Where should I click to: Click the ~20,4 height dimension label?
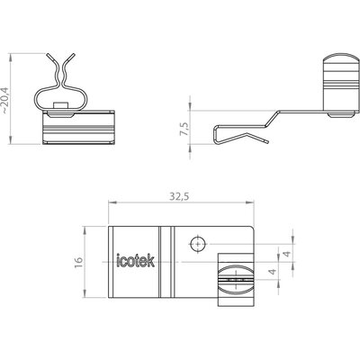click(5, 99)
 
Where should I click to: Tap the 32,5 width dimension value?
click(179, 196)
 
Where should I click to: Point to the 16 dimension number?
click(78, 262)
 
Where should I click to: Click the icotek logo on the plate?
click(135, 261)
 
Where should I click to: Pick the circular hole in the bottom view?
click(198, 244)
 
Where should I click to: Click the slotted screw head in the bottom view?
click(235, 279)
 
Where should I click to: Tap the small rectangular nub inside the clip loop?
click(60, 105)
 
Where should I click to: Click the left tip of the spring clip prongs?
click(48, 55)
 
